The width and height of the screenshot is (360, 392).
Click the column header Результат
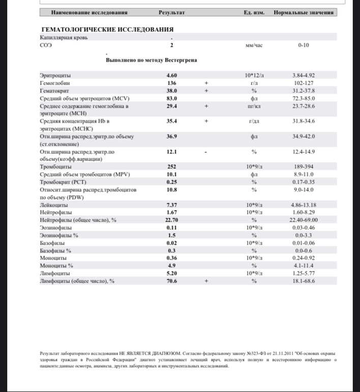171,12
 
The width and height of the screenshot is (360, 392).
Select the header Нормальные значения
304,12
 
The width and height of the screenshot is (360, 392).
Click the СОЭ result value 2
172,45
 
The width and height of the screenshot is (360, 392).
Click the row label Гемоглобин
55,82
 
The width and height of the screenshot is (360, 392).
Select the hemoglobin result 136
172,82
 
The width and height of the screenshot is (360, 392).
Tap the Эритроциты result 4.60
172,75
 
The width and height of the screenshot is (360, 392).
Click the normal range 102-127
304,82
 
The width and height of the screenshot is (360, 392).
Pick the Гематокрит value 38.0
172,90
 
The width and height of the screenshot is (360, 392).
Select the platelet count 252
172,166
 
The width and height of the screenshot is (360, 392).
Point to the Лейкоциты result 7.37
172,204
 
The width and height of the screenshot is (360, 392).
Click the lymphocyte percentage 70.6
172,281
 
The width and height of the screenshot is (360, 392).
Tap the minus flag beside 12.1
206,151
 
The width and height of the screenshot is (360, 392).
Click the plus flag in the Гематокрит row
206,90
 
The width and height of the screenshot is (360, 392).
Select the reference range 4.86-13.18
304,204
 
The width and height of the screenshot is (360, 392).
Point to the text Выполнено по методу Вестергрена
152,60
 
